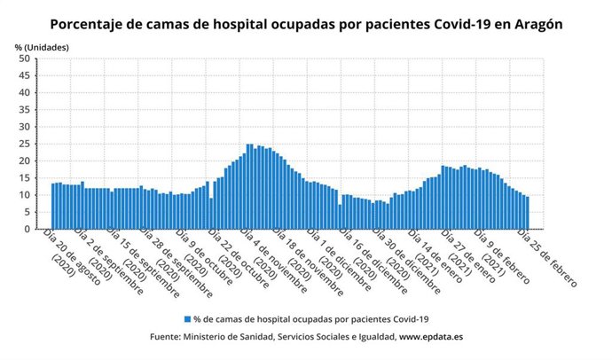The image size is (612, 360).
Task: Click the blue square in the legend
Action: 187,318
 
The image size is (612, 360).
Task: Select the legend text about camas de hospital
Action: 311,318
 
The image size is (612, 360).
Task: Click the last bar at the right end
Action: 527,214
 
